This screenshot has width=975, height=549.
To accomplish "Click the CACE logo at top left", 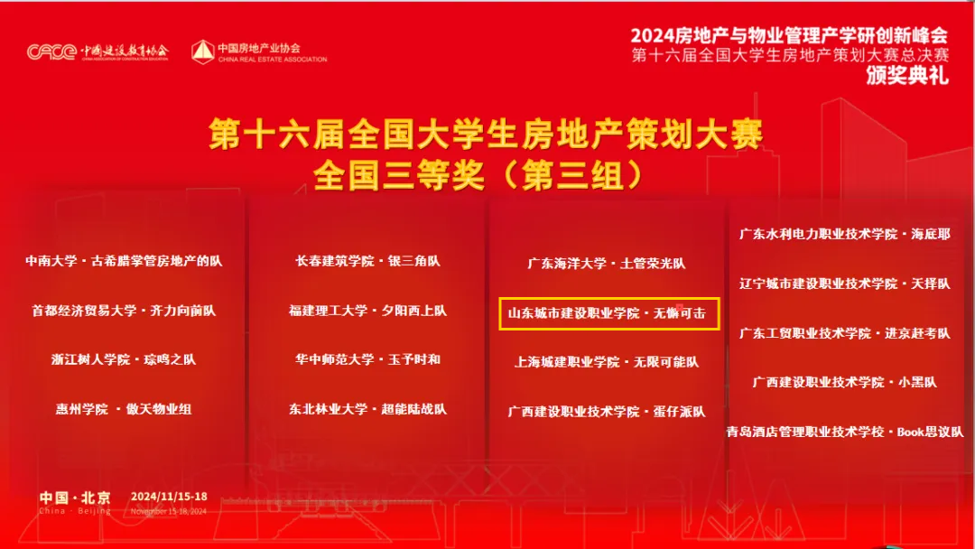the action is click(51, 51).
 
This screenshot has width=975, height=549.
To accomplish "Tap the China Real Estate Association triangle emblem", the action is click(203, 52).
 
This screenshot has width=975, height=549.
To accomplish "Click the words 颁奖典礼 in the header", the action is click(907, 75).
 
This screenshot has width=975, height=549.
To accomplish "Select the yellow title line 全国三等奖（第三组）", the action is click(478, 175).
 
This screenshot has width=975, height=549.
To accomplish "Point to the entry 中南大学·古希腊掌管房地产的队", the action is click(124, 261).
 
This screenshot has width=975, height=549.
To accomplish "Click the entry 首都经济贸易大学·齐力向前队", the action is click(124, 311).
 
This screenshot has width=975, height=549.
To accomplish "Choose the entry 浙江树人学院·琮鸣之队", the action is click(124, 359).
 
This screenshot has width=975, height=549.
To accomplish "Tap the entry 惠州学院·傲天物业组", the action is click(124, 409).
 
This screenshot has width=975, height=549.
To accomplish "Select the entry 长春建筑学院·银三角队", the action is click(367, 261).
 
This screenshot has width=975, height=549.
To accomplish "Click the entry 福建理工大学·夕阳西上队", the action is click(367, 311).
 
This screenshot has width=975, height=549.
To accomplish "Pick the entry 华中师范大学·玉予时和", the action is click(367, 359).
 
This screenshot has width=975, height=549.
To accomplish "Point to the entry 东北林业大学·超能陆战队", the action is click(367, 409).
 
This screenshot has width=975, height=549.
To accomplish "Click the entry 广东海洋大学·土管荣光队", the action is click(607, 264).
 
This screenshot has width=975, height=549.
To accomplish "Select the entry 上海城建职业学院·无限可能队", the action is click(607, 362).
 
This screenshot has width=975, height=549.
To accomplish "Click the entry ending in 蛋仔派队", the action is click(607, 412).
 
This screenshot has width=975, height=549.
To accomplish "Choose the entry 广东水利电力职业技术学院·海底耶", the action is click(844, 235).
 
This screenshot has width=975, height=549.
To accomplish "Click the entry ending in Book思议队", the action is click(844, 432).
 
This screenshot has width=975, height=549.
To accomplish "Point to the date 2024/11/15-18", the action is click(169, 497).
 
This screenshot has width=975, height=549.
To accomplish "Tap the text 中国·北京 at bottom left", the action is click(75, 498).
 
